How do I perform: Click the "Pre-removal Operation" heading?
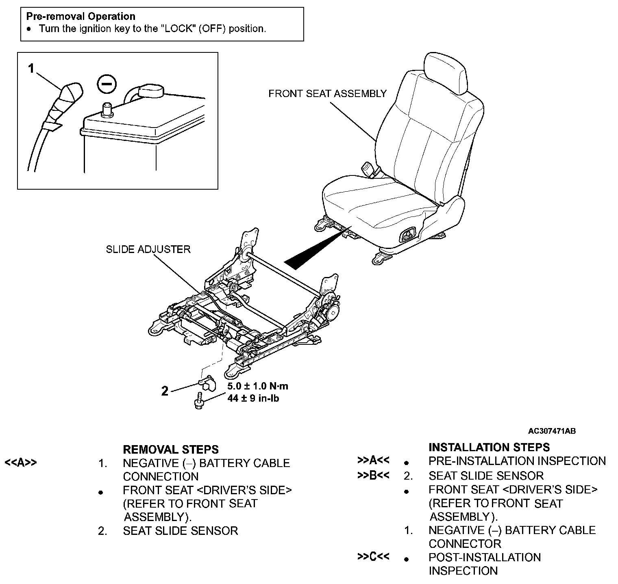click(x=81, y=17)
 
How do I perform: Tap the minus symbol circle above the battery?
click(x=107, y=84)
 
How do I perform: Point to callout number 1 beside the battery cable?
click(x=31, y=69)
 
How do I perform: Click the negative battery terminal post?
click(x=107, y=109)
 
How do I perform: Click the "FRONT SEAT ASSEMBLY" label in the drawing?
click(x=327, y=94)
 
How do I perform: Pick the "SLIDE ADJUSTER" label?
click(x=148, y=249)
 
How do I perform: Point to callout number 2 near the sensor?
click(x=164, y=391)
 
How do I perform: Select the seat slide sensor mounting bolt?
click(x=199, y=400)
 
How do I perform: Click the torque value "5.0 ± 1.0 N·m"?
click(x=258, y=386)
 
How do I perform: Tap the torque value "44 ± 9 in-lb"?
click(x=253, y=398)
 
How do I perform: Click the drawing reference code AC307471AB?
click(x=552, y=431)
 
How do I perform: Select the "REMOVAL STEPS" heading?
click(x=170, y=450)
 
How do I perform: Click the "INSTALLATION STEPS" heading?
click(x=489, y=448)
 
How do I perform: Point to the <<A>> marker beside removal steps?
click(x=20, y=463)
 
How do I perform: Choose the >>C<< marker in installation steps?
click(x=373, y=556)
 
